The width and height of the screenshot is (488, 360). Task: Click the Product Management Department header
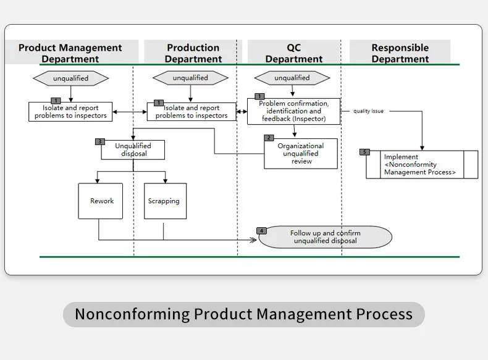70,53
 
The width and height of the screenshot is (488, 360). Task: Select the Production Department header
193,53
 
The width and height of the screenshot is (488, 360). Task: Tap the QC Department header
294,53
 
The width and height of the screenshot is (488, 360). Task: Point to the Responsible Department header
400,53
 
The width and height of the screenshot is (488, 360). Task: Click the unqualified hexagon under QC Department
292,78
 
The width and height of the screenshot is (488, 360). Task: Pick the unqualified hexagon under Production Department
190,78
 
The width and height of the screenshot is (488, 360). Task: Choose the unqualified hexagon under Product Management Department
70,78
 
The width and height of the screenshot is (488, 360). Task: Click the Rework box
101,201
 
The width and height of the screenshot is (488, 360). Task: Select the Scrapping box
164,201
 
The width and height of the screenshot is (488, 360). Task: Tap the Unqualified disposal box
134,150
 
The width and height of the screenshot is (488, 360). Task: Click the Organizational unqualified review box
301,154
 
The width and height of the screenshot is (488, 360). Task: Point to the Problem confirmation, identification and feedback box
294,112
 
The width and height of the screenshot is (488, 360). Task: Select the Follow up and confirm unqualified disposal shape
326,237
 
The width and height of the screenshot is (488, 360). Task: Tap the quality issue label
368,111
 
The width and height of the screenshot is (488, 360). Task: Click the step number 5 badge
364,152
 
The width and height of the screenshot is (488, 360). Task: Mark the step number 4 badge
262,230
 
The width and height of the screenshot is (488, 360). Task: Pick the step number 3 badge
100,141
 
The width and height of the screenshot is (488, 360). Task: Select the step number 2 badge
269,138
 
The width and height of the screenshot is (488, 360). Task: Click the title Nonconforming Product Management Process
243,314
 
